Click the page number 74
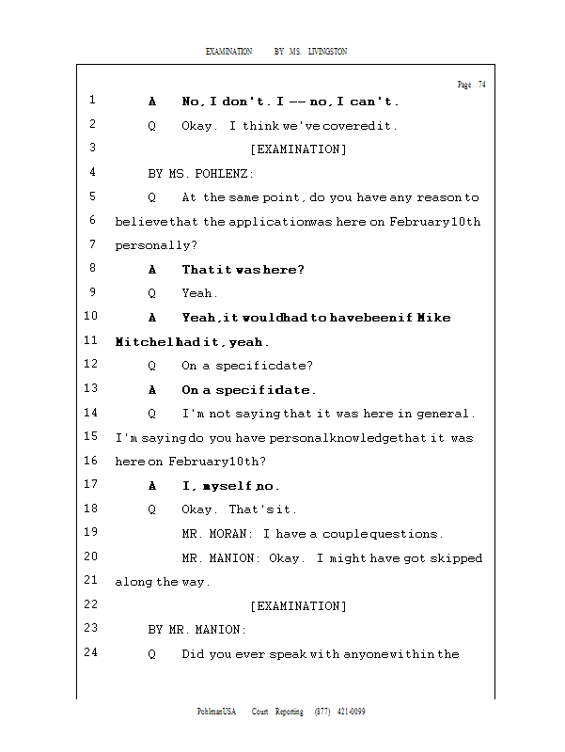[x=482, y=85]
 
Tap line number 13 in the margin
[x=91, y=389]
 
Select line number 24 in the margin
[x=91, y=653]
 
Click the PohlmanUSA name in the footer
[x=216, y=712]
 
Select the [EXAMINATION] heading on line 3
[x=298, y=149]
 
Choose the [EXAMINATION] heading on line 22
[x=298, y=606]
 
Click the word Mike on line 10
[x=433, y=318]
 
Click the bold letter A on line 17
[x=152, y=487]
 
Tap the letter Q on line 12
[x=152, y=366]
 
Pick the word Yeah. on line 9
[x=200, y=293]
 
